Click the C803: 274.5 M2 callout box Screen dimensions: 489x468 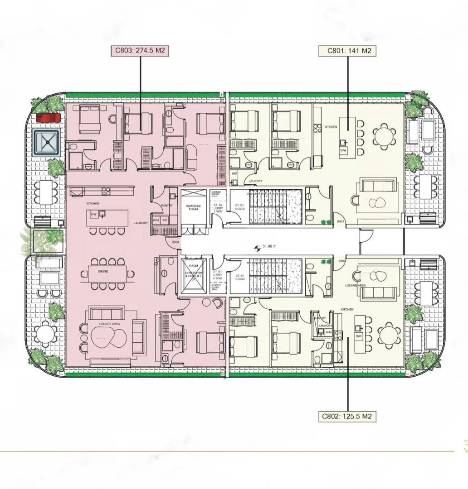coord(140,51)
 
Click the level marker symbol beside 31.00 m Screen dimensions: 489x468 coord(258,247)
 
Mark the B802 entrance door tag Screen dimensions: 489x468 coord(342,261)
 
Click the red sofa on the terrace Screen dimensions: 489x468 coord(48,118)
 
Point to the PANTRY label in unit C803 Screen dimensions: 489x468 coord(167,205)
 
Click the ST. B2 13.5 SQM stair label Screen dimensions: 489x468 coord(239,207)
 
